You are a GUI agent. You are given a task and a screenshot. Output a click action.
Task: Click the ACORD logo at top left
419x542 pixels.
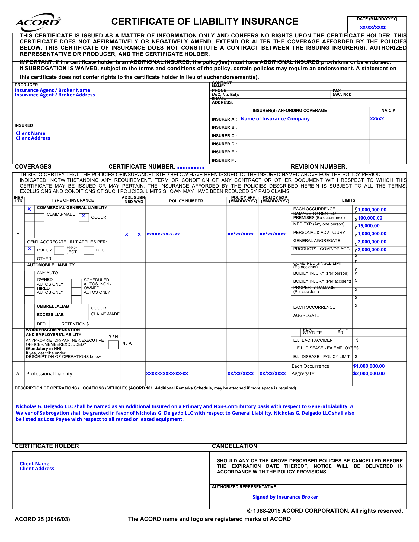point(38,22)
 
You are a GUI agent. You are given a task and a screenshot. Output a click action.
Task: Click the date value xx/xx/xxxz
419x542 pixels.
point(373,27)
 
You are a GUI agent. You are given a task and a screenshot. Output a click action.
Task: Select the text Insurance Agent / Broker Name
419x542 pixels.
point(52,90)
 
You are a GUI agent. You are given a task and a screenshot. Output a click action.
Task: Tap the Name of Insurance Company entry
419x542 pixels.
point(275,119)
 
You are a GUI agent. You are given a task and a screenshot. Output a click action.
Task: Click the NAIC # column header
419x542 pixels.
point(388,111)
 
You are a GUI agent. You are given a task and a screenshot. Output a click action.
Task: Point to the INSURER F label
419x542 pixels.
point(224,160)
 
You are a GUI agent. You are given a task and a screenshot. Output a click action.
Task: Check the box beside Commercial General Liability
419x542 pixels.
point(29,209)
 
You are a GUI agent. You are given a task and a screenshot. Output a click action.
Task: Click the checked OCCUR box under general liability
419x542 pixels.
point(84,217)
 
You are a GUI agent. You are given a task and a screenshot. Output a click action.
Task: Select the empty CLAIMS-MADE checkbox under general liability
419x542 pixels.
point(39,217)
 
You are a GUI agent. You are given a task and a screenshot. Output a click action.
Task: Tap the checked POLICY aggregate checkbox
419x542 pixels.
point(29,249)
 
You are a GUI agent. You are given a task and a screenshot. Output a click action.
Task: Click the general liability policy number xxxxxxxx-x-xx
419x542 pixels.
point(163,234)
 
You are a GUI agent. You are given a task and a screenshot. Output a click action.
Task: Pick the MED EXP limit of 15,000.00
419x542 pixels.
point(369,226)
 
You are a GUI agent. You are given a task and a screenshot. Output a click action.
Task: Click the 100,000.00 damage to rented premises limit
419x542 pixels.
point(370,218)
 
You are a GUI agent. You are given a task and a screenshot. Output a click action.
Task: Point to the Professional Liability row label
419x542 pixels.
point(49,374)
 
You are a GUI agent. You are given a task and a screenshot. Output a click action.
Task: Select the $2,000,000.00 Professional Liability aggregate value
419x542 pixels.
point(369,373)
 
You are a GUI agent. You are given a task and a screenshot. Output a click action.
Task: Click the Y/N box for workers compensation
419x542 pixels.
point(113,345)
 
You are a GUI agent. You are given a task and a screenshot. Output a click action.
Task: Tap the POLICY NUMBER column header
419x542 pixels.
point(186,201)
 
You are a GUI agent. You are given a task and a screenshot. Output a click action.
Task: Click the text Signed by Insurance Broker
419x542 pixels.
point(285,497)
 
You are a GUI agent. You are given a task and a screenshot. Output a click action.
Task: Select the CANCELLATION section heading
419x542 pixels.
point(235,446)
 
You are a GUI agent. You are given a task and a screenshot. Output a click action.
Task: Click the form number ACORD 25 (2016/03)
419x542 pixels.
point(42,519)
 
